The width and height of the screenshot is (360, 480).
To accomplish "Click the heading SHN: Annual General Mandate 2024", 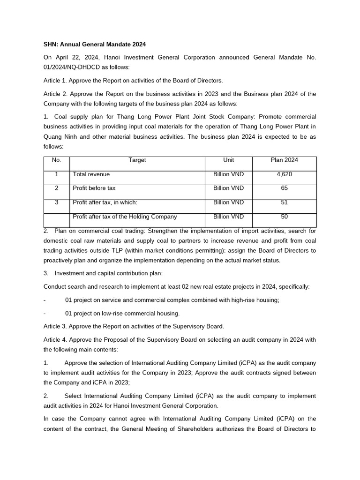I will [x=95, y=45].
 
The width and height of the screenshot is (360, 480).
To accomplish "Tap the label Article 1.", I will [x=56, y=81].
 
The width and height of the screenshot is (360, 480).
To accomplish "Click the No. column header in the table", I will [x=57, y=160].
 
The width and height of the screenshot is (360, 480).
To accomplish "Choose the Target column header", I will [x=137, y=160].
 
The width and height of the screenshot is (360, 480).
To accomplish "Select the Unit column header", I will [x=228, y=160].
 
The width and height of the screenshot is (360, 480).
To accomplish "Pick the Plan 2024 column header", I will [x=284, y=160].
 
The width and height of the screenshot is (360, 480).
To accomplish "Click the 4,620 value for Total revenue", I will [x=284, y=174].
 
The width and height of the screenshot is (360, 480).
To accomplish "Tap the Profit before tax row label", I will [x=94, y=188].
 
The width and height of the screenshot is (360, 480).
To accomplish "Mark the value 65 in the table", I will [x=284, y=188].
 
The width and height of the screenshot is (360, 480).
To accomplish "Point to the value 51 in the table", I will [x=284, y=202].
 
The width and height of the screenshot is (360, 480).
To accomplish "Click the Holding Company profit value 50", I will [x=284, y=217].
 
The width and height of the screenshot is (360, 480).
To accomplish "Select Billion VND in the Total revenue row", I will [x=228, y=174].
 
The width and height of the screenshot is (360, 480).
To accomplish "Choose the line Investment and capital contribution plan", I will [x=109, y=273].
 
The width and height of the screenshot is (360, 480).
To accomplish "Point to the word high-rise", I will [x=239, y=300].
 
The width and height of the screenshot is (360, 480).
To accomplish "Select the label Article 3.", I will [x=56, y=327].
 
